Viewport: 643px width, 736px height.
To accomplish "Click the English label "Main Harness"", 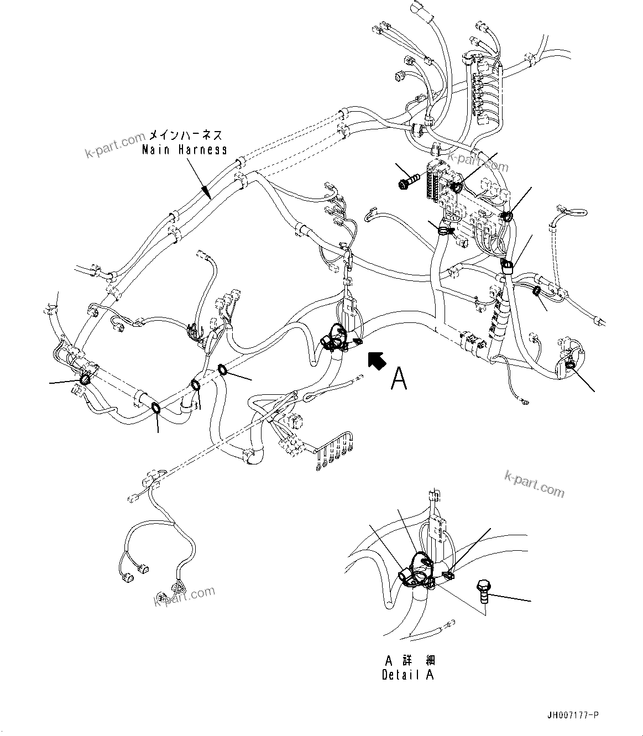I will pos(184,149).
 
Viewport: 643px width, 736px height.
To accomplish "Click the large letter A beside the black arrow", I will pos(399,379).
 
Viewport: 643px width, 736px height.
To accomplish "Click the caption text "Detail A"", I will pos(408,675).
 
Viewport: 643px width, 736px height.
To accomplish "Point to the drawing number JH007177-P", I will pos(571,716).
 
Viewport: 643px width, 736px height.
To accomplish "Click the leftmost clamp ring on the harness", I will pos(86,380).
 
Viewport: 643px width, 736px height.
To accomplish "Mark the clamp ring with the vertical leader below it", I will pos(156,408).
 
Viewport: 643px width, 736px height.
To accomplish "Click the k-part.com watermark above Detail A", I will pos(534,484).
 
